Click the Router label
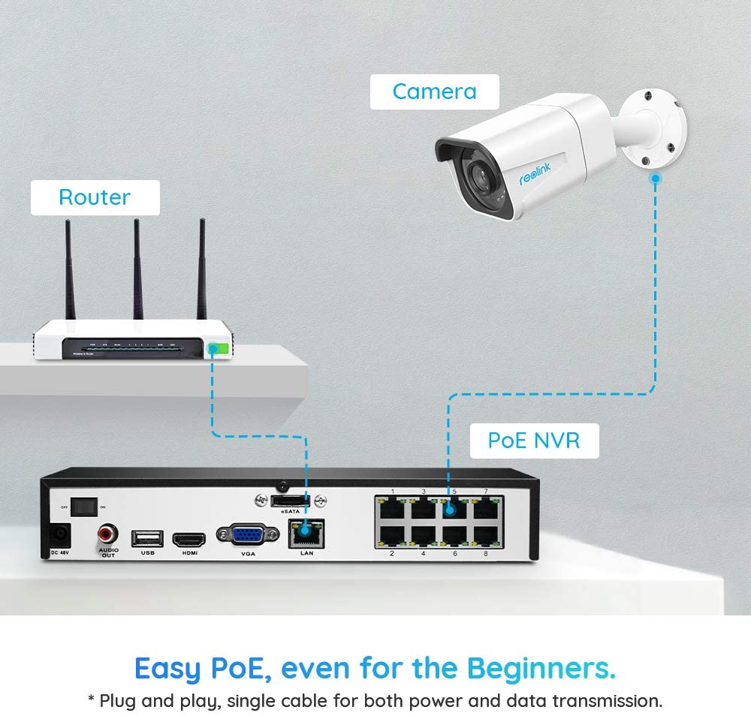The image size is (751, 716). pyautogui.click(x=95, y=197)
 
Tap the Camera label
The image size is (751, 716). pyautogui.click(x=434, y=92)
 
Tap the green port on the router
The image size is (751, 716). pyautogui.click(x=218, y=349)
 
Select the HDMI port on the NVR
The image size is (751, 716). pyautogui.click(x=189, y=539)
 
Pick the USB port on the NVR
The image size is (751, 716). pyautogui.click(x=146, y=537)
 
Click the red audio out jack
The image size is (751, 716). pyautogui.click(x=107, y=534)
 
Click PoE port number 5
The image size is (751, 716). pyautogui.click(x=452, y=508)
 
